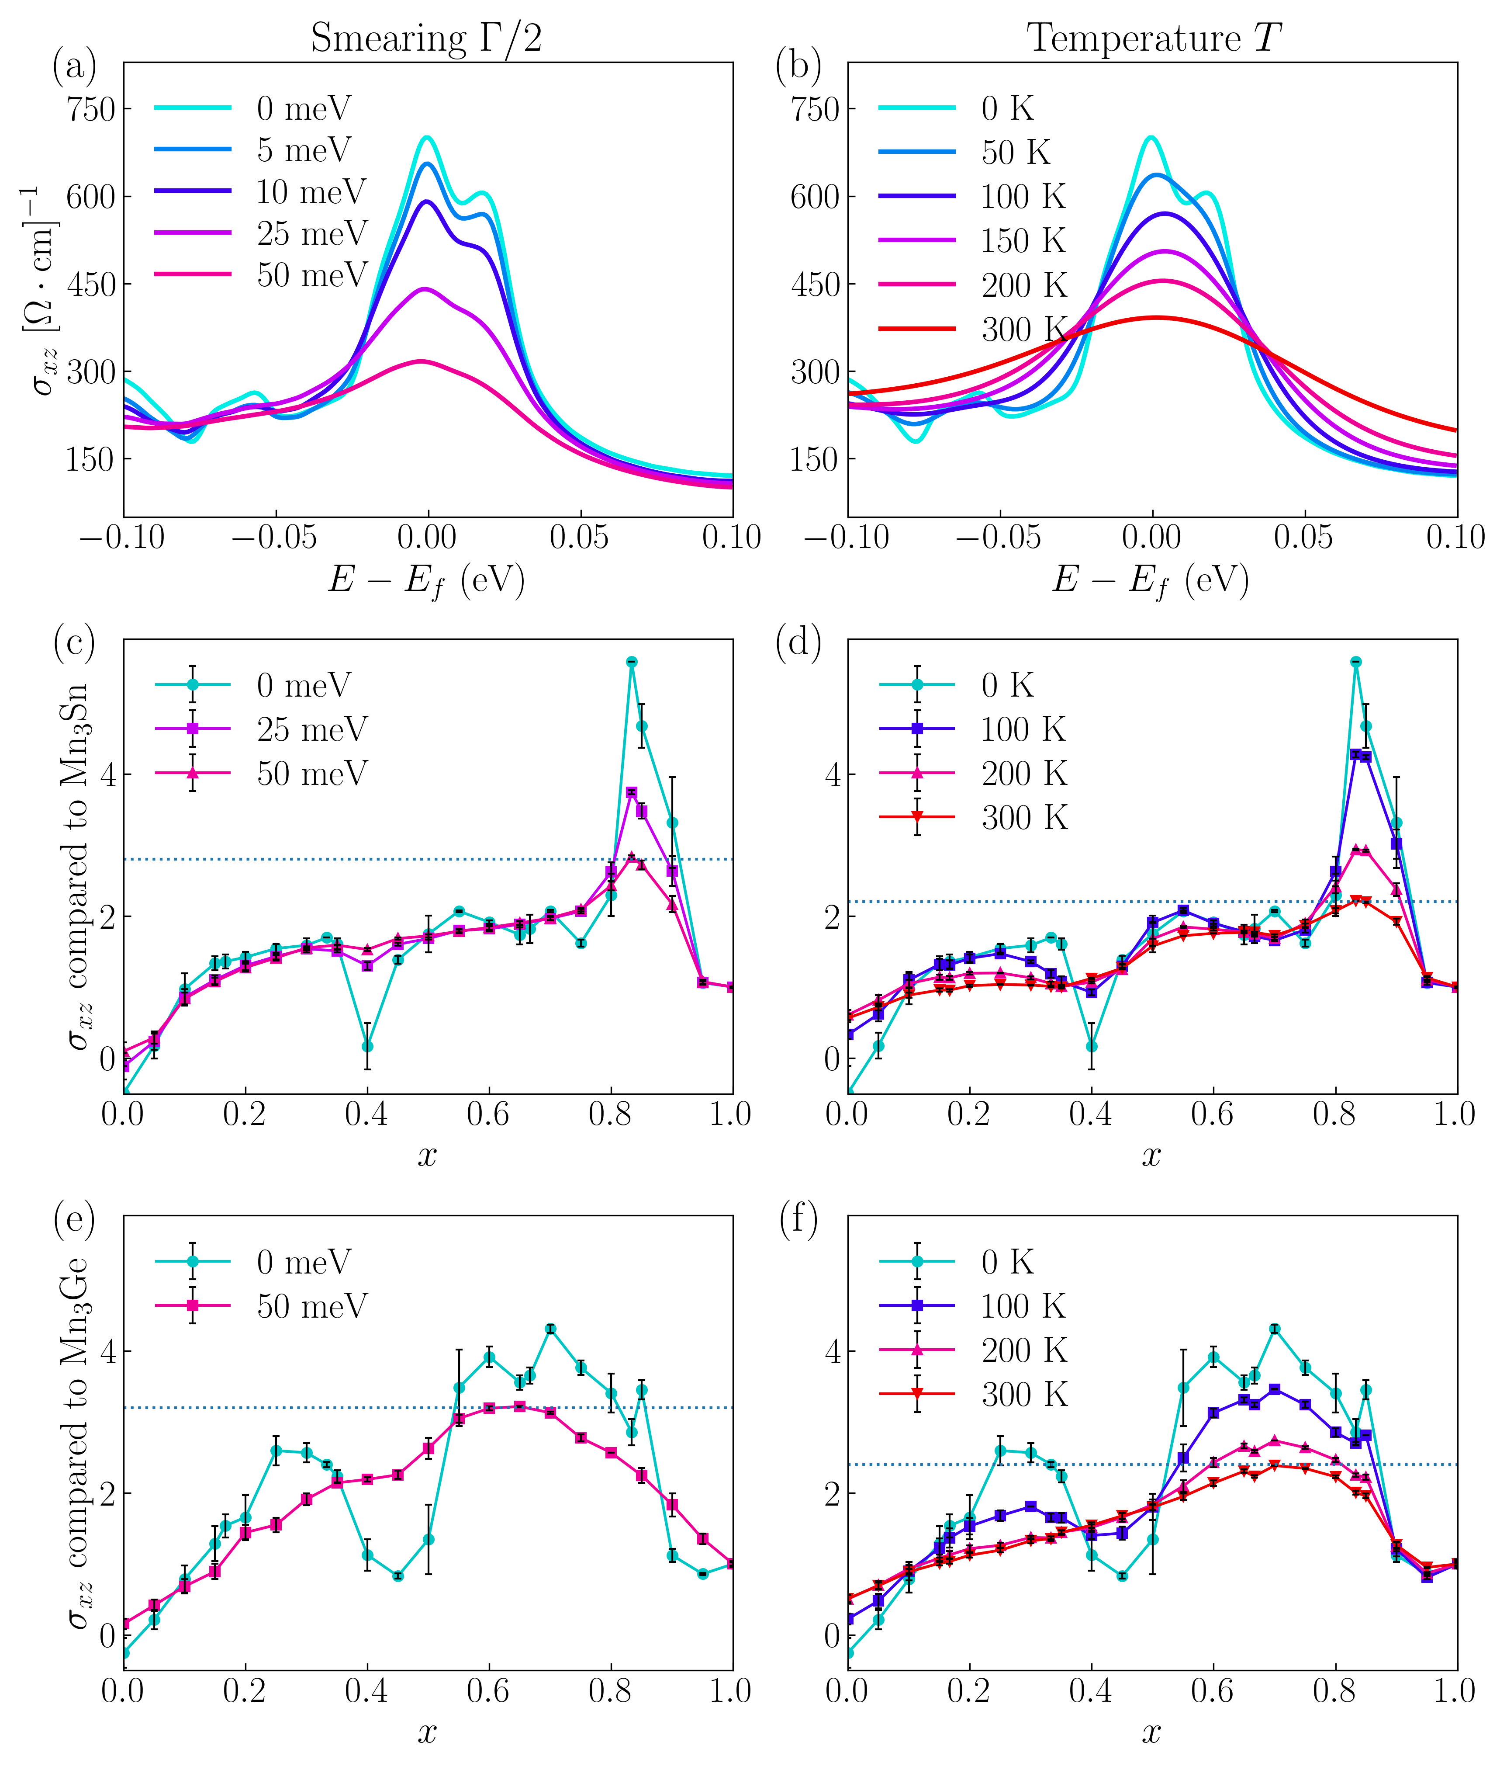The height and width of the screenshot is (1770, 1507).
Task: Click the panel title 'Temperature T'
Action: [1153, 38]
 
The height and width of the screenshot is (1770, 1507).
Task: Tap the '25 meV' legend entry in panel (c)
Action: [311, 729]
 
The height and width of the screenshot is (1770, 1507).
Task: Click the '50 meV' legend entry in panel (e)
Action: [311, 1306]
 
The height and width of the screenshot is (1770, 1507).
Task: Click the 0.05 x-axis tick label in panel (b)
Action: [1304, 537]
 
